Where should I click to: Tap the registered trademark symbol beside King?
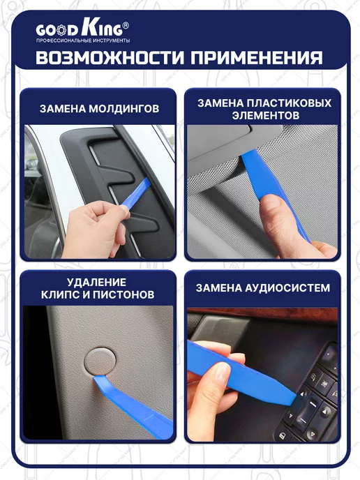tap(126, 25)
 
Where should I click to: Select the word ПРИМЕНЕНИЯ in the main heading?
tap(256, 57)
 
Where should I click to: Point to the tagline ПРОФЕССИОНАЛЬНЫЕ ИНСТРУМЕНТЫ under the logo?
tap(83, 40)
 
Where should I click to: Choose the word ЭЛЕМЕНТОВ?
tap(266, 115)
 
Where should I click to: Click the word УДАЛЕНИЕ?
tap(96, 282)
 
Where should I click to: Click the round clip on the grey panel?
tap(100, 361)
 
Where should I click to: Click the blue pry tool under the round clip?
tap(132, 405)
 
